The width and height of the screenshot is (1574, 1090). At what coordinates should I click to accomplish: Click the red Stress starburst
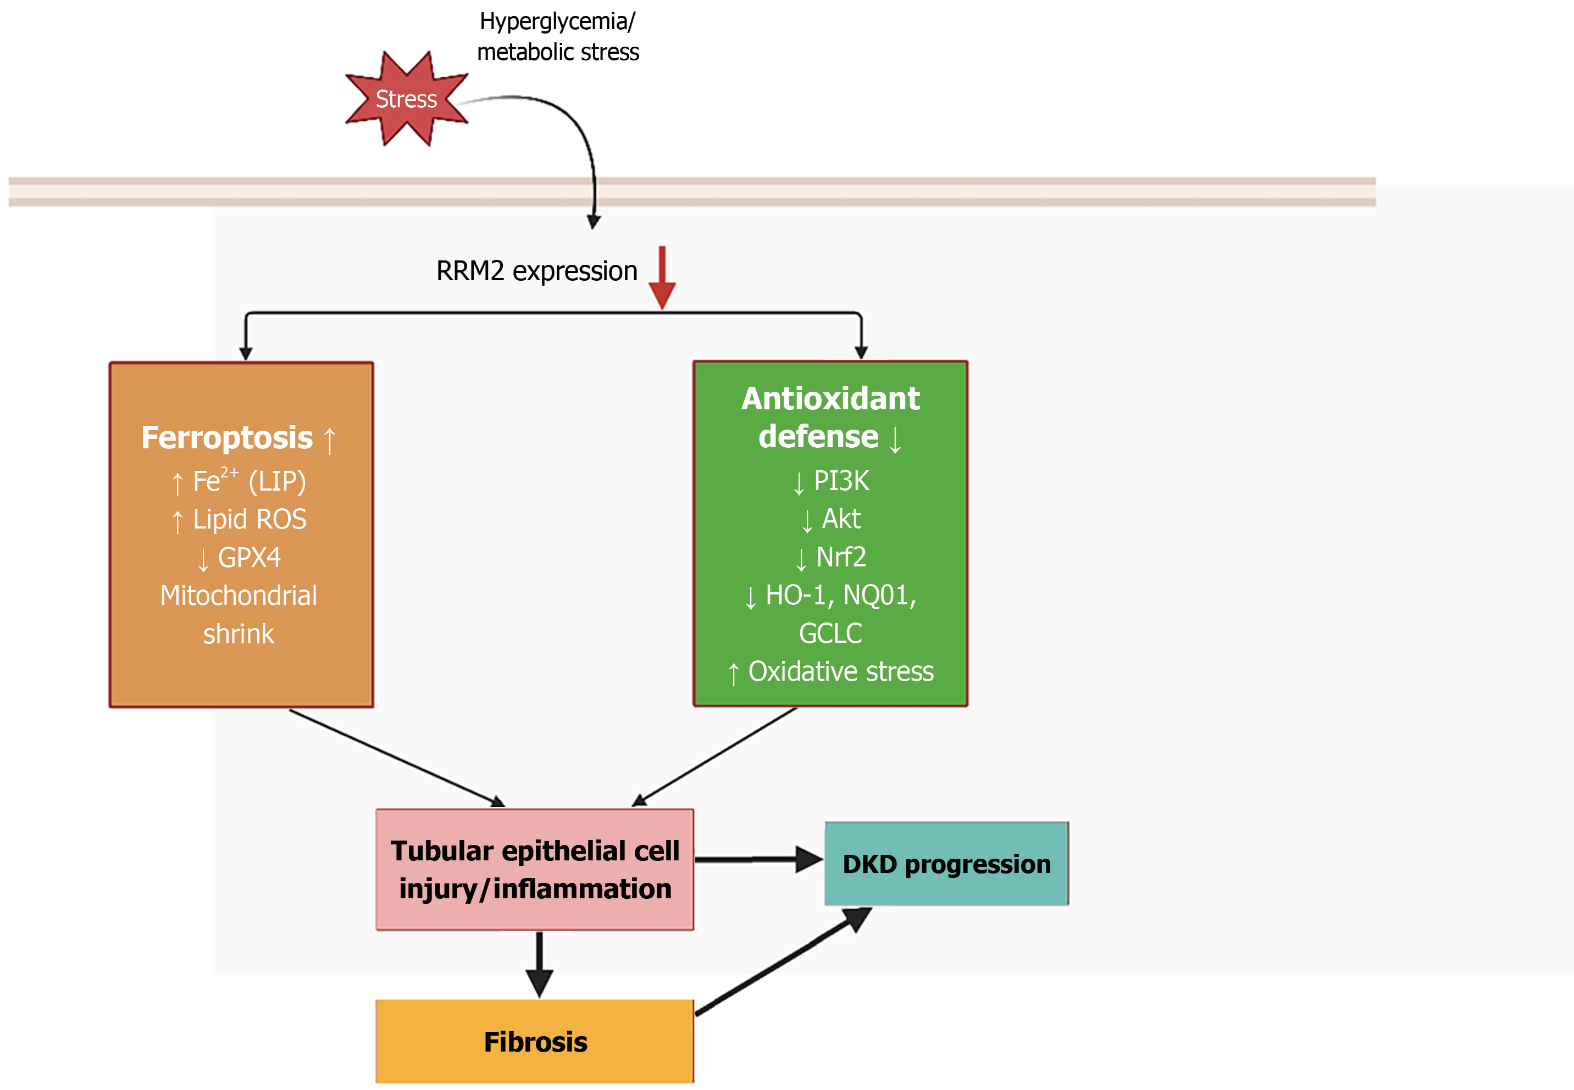[x=407, y=99]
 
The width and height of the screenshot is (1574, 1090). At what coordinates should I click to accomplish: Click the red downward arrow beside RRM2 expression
[x=662, y=277]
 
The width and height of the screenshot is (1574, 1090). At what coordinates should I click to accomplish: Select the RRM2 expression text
[x=537, y=271]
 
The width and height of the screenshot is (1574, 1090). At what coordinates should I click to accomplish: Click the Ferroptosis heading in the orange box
[x=239, y=438]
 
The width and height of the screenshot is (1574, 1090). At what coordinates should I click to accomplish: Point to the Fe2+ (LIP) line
[x=239, y=481]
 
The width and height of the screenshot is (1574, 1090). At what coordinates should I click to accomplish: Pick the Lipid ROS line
[x=239, y=520]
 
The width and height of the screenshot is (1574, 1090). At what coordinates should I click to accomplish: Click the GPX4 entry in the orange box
[x=239, y=558]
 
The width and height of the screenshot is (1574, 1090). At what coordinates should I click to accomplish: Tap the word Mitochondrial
[x=239, y=596]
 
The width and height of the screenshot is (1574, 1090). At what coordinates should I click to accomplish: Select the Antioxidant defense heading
[x=831, y=418]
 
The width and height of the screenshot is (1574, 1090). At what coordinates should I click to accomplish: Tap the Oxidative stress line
[x=831, y=672]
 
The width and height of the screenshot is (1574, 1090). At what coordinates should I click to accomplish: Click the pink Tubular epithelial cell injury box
[x=535, y=869]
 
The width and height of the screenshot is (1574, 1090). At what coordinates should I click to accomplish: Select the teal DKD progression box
[x=947, y=864]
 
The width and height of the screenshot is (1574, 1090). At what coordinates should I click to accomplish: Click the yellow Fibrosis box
[x=535, y=1042]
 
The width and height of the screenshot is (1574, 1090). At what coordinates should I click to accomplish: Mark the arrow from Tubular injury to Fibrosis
[x=539, y=964]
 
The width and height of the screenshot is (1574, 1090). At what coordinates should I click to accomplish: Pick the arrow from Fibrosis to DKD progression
[x=784, y=961]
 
